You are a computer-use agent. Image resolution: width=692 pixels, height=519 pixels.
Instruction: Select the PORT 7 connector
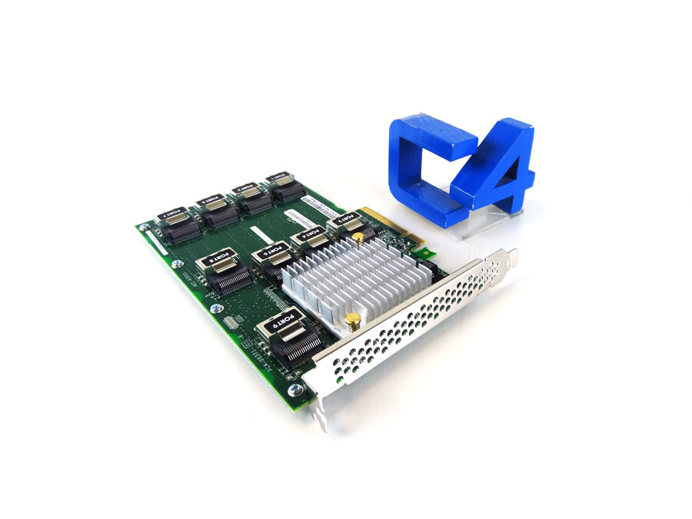click(173, 223)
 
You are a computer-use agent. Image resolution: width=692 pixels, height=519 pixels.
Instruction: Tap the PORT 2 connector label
click(346, 219)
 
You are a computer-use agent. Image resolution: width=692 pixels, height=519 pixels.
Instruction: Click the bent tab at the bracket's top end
click(511, 255)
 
